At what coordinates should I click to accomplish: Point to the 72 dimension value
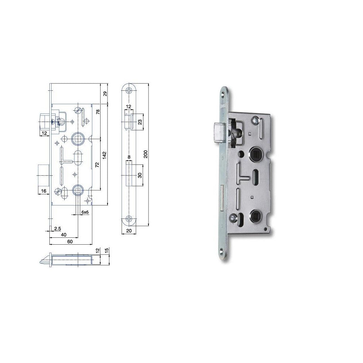pyautogui.click(x=97, y=164)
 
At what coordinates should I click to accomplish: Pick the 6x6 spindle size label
pyautogui.click(x=85, y=211)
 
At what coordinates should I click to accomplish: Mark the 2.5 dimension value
pyautogui.click(x=57, y=229)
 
